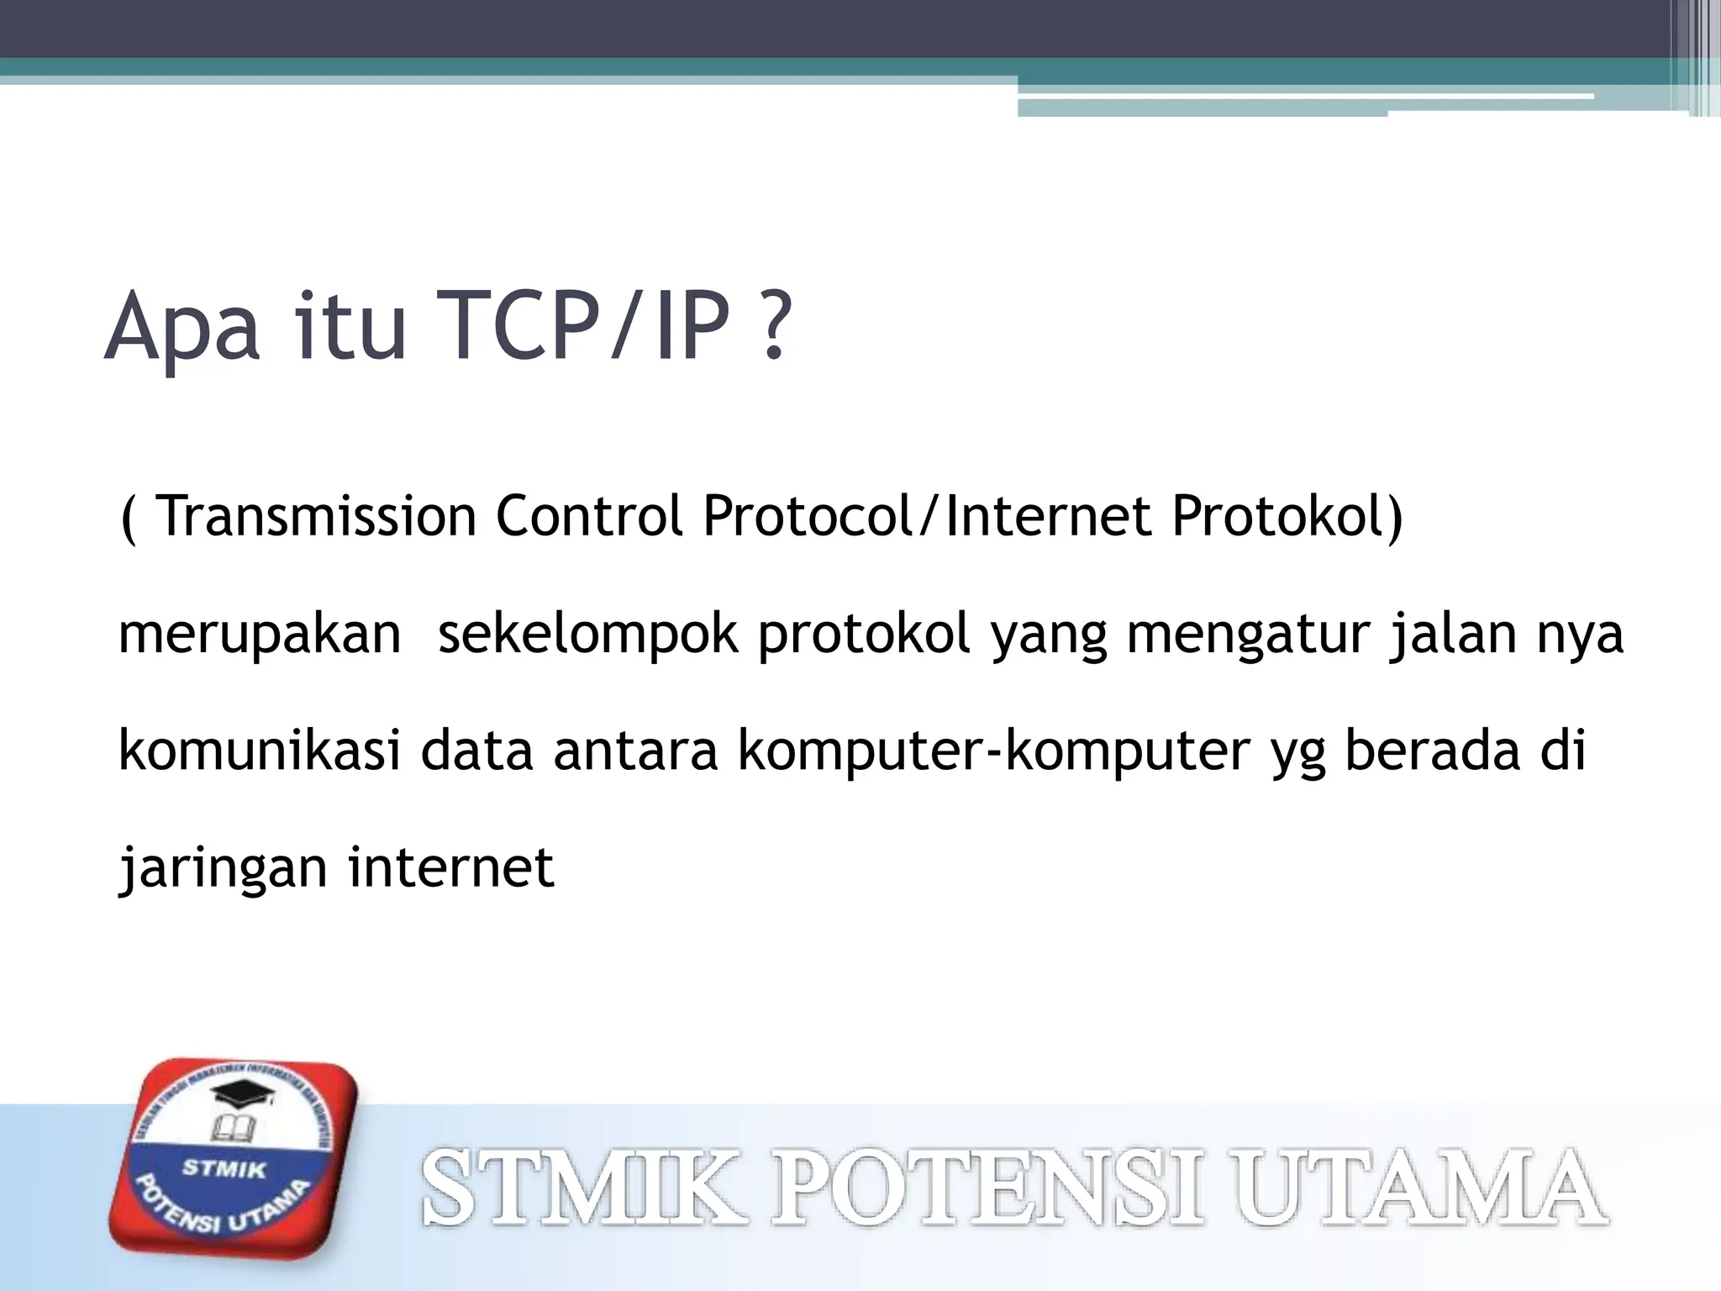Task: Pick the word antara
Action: click(635, 751)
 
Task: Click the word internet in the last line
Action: click(451, 867)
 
